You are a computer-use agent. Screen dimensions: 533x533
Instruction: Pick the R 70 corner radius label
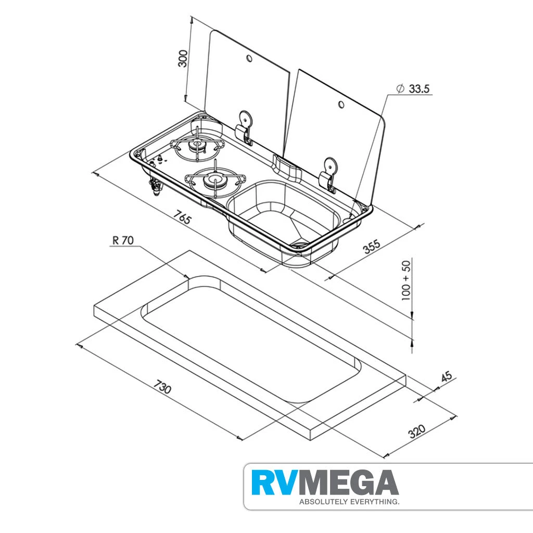point(123,240)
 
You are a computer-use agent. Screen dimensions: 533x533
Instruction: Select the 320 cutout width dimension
point(416,431)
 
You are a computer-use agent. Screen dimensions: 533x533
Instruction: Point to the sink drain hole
point(300,242)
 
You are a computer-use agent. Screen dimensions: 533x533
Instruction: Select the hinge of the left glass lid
point(245,126)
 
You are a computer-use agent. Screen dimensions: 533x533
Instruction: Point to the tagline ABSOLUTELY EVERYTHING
point(349,502)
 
